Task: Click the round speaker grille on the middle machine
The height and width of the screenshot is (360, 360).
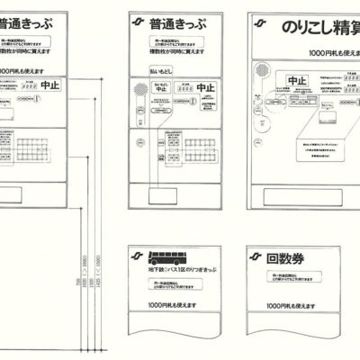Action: click(139, 90)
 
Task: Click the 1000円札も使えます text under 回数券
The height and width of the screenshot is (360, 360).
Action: click(289, 307)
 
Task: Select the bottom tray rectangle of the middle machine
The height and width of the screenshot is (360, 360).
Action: click(175, 194)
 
